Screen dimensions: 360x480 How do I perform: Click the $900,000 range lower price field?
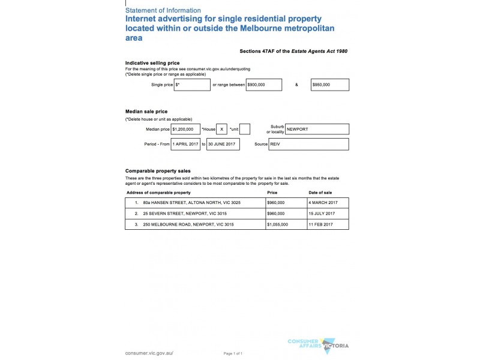264,85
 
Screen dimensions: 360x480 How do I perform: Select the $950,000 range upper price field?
329,85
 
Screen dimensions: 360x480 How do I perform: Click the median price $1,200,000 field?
185,129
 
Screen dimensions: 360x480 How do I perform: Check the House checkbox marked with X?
222,129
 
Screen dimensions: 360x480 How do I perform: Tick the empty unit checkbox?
245,129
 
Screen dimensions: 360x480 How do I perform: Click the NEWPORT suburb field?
317,129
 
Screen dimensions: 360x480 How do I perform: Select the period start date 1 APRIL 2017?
185,144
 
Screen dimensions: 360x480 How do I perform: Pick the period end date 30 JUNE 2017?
223,144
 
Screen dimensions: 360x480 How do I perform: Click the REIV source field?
317,144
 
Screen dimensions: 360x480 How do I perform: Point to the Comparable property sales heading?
158,171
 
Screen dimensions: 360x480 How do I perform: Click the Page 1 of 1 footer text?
233,353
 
